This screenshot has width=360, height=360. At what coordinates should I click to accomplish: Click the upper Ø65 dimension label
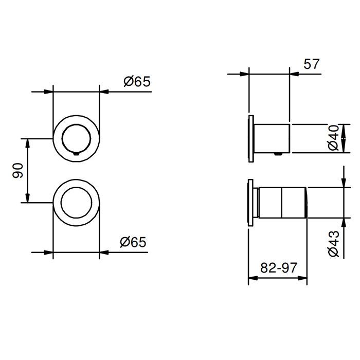point(137,81)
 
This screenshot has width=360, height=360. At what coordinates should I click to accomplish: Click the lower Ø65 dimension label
point(133,242)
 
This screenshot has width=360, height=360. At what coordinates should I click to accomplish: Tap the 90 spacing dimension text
point(17,171)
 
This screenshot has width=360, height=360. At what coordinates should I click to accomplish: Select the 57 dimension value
point(312,64)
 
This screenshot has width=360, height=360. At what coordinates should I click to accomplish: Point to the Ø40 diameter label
point(333,138)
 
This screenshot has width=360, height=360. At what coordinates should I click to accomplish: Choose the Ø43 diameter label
point(334,243)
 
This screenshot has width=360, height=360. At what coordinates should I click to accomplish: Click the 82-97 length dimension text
point(279,267)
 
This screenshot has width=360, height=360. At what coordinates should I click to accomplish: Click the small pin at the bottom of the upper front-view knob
point(76,154)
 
